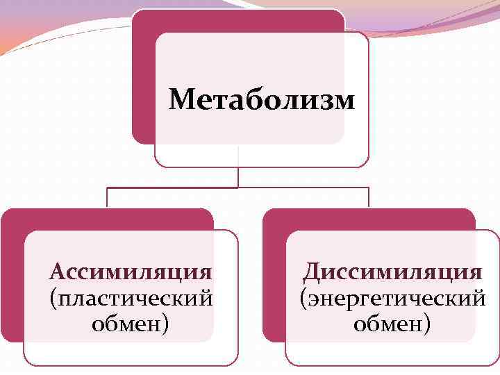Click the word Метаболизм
(262, 100)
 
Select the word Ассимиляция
(131, 270)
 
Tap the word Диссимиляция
(393, 271)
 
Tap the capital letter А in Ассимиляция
(58, 270)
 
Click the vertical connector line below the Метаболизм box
(238, 176)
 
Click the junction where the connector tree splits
(238, 187)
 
